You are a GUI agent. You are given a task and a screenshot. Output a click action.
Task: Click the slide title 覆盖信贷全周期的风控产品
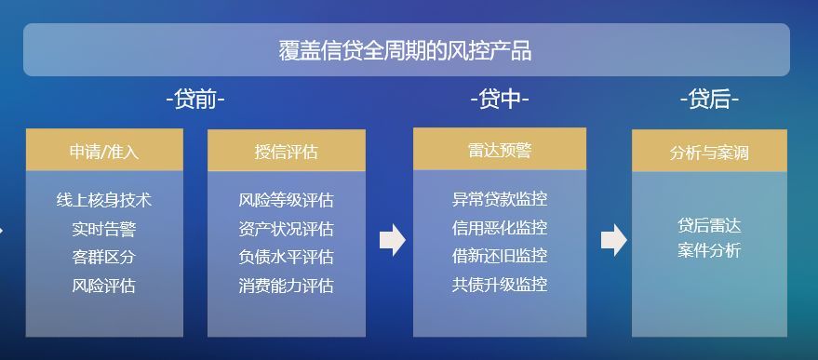pos(406,51)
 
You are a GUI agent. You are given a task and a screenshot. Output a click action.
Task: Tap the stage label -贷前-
pos(195,100)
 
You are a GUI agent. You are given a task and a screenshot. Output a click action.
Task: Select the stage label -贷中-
pos(500,100)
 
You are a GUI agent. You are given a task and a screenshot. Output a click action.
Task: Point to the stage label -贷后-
pos(709,100)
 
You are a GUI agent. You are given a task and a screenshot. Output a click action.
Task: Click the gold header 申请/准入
pos(104,152)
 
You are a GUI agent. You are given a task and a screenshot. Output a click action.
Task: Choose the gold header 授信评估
pos(287,152)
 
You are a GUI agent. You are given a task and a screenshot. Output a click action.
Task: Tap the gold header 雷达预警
pos(500,151)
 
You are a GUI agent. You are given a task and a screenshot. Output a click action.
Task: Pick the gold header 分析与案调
pos(709,153)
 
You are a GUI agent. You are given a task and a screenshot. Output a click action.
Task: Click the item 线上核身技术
pos(104,200)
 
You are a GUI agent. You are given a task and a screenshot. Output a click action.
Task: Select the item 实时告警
pos(104,229)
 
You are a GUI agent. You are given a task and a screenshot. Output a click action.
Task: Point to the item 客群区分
pos(104,257)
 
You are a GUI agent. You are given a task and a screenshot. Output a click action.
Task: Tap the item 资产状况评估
pos(287,229)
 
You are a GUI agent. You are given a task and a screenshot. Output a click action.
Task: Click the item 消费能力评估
pos(287,286)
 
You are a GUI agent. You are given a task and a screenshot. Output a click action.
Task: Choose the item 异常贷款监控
pos(500,199)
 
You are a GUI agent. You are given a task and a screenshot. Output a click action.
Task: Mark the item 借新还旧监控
pos(500,256)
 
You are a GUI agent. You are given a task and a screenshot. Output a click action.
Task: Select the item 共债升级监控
pos(500,285)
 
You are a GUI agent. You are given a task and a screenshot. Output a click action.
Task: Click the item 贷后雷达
pos(709,225)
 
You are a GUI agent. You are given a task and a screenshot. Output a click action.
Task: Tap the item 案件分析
pos(709,250)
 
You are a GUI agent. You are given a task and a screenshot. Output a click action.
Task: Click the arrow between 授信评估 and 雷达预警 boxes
pos(393,240)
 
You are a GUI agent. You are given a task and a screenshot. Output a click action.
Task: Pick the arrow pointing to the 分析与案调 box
pos(614,240)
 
